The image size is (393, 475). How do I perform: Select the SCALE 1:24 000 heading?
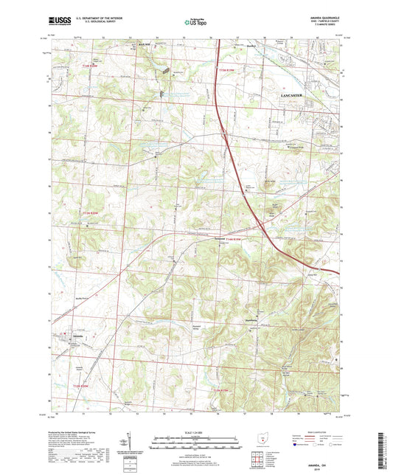click(195, 433)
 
